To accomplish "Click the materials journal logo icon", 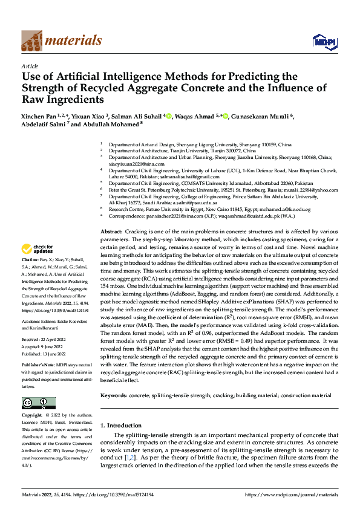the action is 32,41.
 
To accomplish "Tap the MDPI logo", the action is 324,41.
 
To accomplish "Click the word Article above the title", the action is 30,66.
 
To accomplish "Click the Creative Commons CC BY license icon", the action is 38,403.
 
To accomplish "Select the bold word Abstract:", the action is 111,232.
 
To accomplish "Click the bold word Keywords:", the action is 114,395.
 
